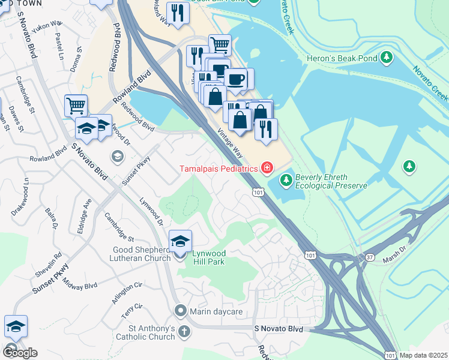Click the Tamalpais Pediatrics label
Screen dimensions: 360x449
click(218, 169)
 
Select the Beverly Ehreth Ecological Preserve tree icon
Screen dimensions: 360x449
click(286, 179)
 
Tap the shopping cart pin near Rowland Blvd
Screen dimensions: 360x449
click(76, 106)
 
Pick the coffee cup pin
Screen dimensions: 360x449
click(236, 79)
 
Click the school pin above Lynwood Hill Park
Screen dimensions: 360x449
click(180, 241)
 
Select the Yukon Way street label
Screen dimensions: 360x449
click(50, 25)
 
